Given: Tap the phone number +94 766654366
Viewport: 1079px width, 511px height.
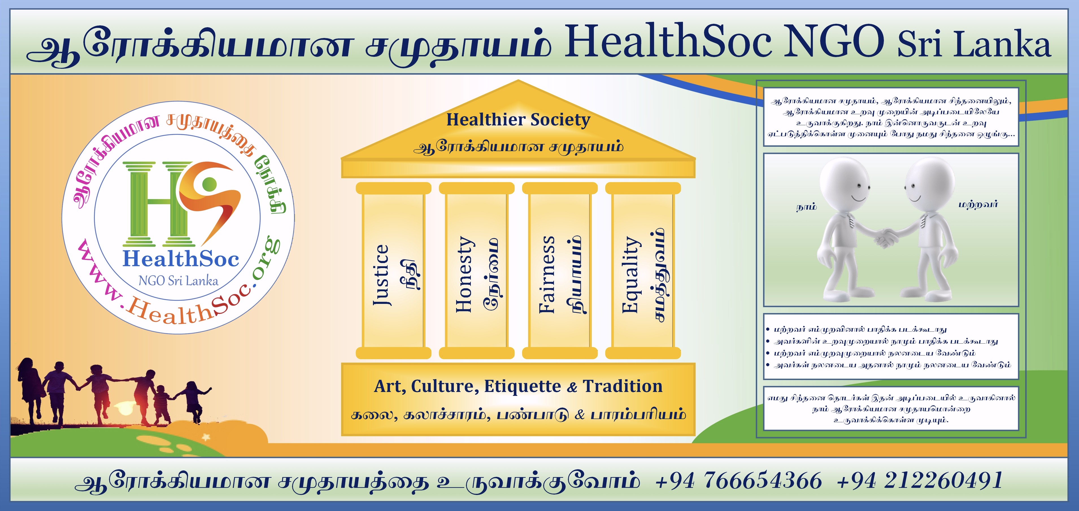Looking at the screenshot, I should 738,480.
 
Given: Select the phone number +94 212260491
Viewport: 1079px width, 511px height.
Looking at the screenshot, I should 919,480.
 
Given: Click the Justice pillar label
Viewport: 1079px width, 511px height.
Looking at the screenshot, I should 381,275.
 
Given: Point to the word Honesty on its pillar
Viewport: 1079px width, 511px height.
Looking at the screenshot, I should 464,275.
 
